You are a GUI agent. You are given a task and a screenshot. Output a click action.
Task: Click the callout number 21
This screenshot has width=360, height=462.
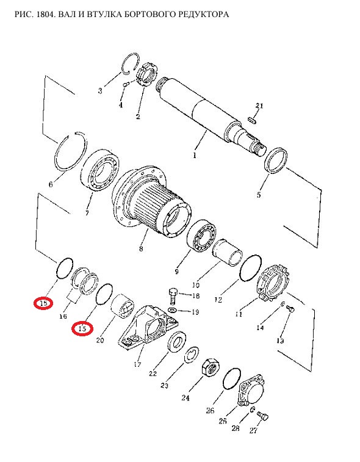coord(259,106)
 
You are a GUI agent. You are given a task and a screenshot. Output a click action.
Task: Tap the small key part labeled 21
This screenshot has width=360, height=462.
coord(253,120)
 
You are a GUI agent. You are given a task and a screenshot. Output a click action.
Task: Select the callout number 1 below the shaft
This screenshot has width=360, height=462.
coord(195,155)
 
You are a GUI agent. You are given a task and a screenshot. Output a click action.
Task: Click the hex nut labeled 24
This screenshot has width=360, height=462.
coord(211,367)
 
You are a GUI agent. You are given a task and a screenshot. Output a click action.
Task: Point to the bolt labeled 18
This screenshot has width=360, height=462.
coord(172,295)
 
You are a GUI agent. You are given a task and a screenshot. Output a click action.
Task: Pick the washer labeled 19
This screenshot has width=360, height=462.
coord(172,310)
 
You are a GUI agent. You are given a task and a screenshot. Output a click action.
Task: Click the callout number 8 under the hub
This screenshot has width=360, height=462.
coord(141,248)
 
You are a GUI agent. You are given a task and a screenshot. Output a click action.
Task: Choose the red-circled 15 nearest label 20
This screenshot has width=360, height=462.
coord(82,329)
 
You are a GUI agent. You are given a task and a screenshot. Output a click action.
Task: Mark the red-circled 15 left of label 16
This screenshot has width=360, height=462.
coord(43,303)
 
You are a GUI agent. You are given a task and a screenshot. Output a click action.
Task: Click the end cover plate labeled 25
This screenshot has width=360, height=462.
coord(251,391)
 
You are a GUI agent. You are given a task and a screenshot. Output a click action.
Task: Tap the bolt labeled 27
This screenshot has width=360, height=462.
coord(263,416)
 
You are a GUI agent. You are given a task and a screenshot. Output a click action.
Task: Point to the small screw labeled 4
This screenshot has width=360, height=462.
coord(126,84)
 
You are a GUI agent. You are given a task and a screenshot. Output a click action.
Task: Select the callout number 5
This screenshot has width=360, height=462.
coord(258,195)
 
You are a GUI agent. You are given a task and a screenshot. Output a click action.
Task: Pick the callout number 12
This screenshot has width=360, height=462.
coord(218,300)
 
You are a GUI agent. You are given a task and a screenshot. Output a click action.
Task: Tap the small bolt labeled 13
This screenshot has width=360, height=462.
coord(290,309)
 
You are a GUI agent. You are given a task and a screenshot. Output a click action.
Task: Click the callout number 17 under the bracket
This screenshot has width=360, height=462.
coord(137,364)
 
